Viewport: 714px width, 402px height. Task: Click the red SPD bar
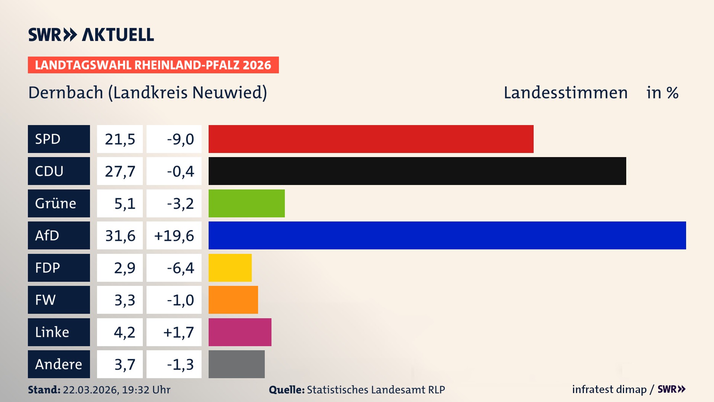pyautogui.click(x=371, y=139)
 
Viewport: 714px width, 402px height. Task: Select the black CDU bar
pyautogui.click(x=417, y=171)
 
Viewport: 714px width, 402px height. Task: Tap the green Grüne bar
pyautogui.click(x=247, y=203)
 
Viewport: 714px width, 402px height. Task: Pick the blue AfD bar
pyautogui.click(x=447, y=236)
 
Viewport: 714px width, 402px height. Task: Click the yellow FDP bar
pyautogui.click(x=230, y=268)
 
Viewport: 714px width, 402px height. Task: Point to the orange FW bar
pyautogui.click(x=233, y=300)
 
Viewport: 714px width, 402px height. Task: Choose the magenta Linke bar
pyautogui.click(x=240, y=332)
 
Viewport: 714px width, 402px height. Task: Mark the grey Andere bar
pyautogui.click(x=237, y=364)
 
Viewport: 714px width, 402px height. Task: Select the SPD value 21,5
pyautogui.click(x=120, y=139)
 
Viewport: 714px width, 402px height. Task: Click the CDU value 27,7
pyautogui.click(x=120, y=171)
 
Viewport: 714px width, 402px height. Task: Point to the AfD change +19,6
pyautogui.click(x=174, y=236)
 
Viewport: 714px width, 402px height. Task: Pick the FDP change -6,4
pyautogui.click(x=180, y=268)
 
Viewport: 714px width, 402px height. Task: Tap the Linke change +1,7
pyautogui.click(x=178, y=332)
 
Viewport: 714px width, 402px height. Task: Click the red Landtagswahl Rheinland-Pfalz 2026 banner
pyautogui.click(x=153, y=65)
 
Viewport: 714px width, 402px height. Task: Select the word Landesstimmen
pyautogui.click(x=565, y=93)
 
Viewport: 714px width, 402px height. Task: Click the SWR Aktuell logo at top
pyautogui.click(x=91, y=35)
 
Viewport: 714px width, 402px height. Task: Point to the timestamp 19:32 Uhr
pyautogui.click(x=146, y=390)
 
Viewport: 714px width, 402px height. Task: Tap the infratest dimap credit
pyautogui.click(x=609, y=389)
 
